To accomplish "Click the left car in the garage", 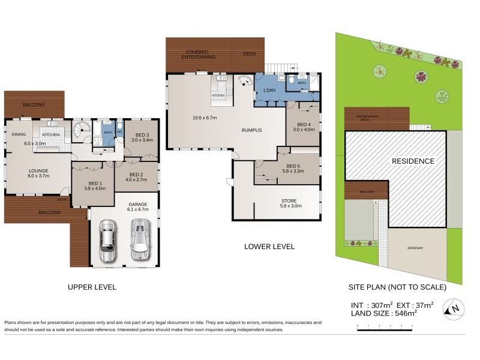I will click(x=107, y=240).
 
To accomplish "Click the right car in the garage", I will click(x=140, y=239).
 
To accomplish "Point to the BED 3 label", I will click(x=142, y=136).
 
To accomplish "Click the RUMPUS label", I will click(x=252, y=129).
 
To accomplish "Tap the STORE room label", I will click(x=289, y=201).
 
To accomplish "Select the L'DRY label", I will click(x=269, y=91).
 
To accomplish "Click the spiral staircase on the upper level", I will click(x=81, y=129).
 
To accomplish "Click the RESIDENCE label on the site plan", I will click(x=413, y=161).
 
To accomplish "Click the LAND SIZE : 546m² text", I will click(x=384, y=313).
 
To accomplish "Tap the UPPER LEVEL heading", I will click(x=92, y=287).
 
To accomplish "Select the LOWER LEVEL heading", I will click(x=269, y=247).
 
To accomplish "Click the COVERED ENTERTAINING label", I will click(x=201, y=55).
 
